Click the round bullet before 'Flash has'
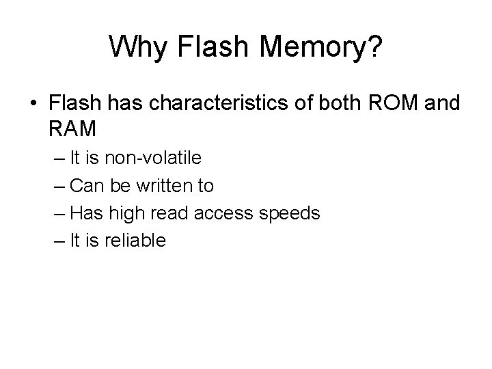33,103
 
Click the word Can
85,186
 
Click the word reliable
136,241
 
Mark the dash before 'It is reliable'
58,241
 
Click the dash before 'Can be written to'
58,187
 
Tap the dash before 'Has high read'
58,214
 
